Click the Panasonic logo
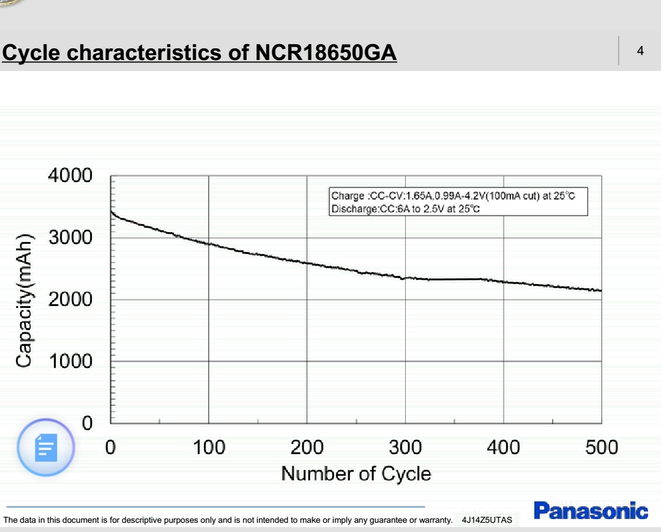[591, 511]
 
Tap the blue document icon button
[46, 448]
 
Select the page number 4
[640, 51]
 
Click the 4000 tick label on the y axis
[70, 175]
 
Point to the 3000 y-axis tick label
[70, 238]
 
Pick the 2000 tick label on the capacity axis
[70, 299]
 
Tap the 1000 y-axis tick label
[70, 361]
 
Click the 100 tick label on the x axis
[209, 448]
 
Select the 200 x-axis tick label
[307, 448]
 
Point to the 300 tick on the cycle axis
[405, 448]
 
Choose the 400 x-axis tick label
[503, 448]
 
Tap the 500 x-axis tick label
[602, 448]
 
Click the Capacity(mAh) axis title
[24, 300]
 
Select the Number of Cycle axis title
[356, 474]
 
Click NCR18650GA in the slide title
[326, 53]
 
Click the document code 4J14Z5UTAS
[487, 520]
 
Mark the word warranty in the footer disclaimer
[436, 520]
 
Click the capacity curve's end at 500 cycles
[602, 290]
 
